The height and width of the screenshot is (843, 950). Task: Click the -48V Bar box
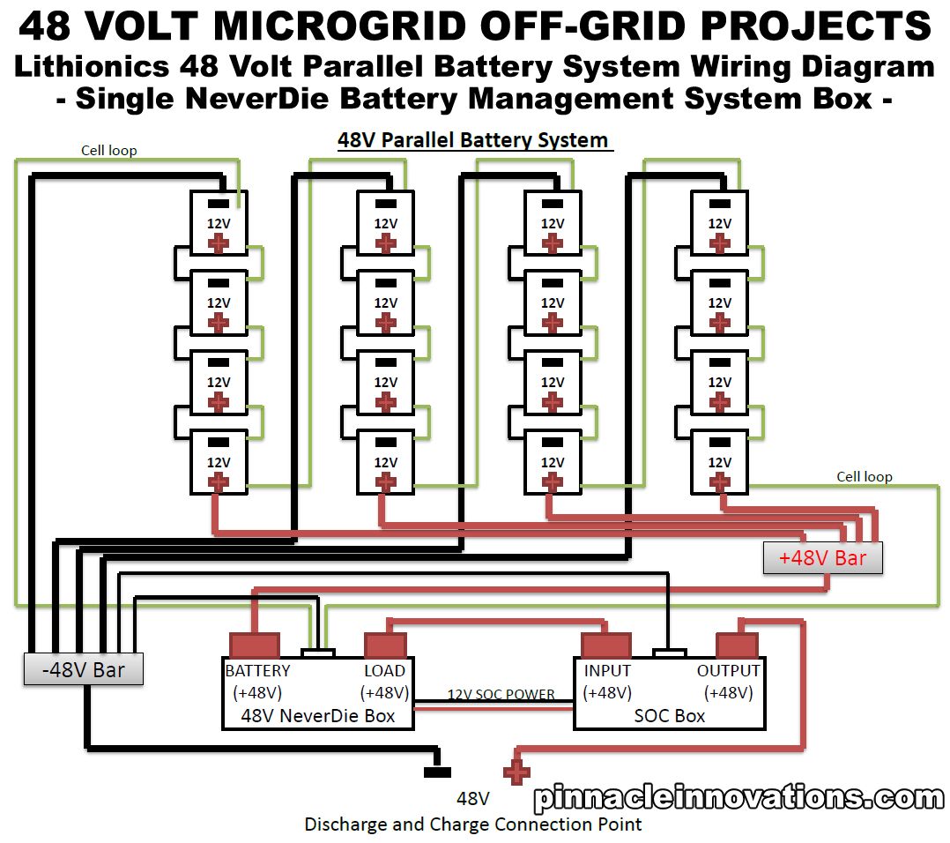click(x=84, y=670)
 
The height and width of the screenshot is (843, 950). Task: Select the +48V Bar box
click(x=822, y=558)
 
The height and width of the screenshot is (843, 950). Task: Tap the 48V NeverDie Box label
click(x=318, y=715)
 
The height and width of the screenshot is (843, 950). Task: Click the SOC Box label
click(x=670, y=715)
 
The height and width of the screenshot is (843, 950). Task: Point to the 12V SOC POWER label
click(x=501, y=694)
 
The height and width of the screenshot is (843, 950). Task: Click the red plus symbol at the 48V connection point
click(x=516, y=772)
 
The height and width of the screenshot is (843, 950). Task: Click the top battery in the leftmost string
click(x=219, y=223)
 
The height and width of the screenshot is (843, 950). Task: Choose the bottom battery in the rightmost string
click(x=720, y=461)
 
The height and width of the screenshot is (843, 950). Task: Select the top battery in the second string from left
click(x=385, y=223)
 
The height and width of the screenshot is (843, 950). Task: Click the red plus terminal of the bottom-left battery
click(x=218, y=482)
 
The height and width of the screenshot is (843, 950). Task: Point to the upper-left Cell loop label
click(x=109, y=150)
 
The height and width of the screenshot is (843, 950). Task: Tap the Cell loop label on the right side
click(x=864, y=476)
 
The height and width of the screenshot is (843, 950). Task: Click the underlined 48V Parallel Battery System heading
click(x=473, y=140)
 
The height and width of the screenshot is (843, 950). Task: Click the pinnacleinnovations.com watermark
click(x=738, y=798)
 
